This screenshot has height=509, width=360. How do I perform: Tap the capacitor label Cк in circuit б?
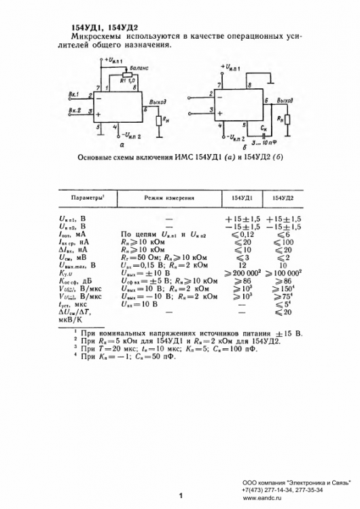263,127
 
